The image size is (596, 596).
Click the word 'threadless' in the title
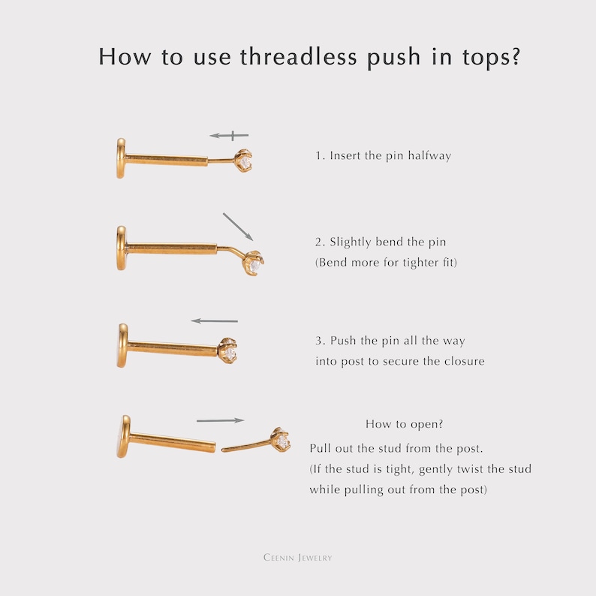299,56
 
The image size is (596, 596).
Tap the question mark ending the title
516,56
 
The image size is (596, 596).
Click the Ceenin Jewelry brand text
297,558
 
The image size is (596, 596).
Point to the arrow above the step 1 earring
229,135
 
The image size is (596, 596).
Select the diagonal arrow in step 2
238,227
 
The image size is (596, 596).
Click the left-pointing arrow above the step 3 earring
215,321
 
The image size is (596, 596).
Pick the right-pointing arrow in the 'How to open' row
221,420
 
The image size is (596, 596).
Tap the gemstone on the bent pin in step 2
256,265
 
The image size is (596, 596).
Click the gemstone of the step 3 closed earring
229,354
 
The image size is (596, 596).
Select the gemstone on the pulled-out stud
282,441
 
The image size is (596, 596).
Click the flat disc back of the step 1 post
121,158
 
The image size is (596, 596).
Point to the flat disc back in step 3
122,345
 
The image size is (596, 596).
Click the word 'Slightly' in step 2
350,242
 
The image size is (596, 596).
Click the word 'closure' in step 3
465,361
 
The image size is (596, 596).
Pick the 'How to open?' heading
405,424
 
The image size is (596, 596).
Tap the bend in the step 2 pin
225,248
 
